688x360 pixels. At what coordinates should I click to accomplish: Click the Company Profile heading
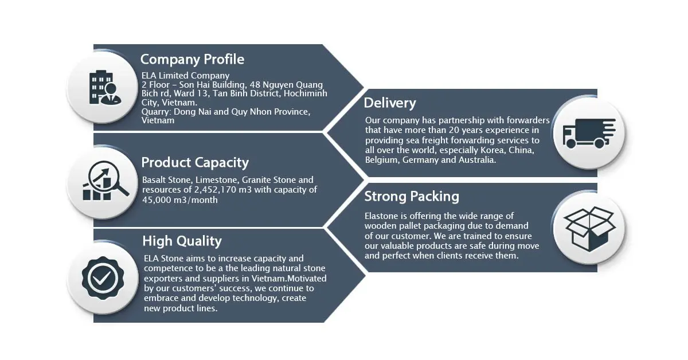[x=192, y=59]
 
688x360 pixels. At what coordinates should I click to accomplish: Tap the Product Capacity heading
[x=195, y=162]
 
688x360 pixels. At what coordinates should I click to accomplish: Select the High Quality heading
[x=182, y=241]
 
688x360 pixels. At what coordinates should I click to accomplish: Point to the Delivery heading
[x=390, y=103]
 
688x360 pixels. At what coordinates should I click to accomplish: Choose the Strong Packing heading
[x=412, y=197]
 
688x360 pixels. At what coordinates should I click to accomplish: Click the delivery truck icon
[x=588, y=133]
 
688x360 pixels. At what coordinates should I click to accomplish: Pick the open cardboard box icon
[x=590, y=228]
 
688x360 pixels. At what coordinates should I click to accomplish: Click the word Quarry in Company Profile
[x=155, y=112]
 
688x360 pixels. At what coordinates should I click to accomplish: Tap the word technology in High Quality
[x=236, y=298]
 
